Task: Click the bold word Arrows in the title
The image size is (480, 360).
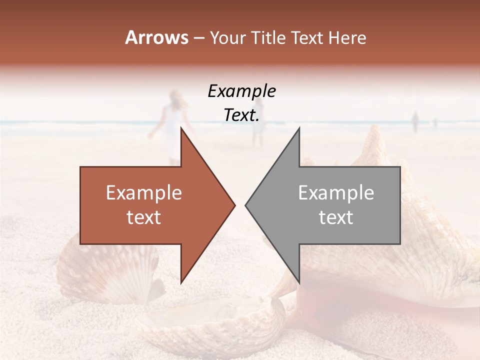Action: [156, 37]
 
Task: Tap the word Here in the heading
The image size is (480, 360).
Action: [347, 37]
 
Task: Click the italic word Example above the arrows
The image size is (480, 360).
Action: [242, 91]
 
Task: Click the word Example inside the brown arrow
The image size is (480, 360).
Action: [144, 193]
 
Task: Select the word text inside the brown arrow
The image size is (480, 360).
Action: [144, 217]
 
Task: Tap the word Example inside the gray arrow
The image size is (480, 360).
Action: [336, 193]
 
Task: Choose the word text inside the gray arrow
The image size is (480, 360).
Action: [336, 217]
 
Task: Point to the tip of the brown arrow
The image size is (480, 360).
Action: [234, 205]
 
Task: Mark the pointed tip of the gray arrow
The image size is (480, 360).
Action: [246, 205]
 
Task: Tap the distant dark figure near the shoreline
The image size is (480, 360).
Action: [415, 121]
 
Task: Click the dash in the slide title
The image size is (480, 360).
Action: [198, 38]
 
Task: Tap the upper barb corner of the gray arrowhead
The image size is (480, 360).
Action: [299, 128]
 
